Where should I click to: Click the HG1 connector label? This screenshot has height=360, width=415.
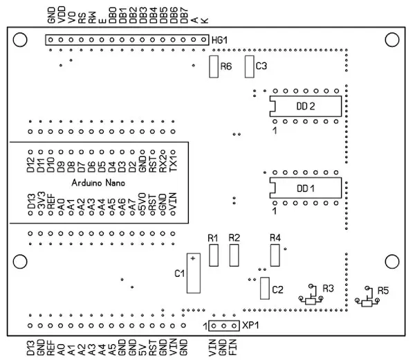point(219,40)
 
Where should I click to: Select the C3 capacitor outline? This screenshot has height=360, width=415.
point(249,66)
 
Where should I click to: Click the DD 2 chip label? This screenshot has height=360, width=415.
point(306,106)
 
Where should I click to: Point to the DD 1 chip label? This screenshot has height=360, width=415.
point(306,188)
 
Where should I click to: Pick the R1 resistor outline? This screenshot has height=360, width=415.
point(214,255)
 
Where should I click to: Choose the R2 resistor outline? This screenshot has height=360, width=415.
point(234,255)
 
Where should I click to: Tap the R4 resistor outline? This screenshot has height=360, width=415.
point(275,255)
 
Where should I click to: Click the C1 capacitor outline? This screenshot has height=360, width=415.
point(193,273)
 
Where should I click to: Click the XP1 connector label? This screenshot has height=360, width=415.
point(250,325)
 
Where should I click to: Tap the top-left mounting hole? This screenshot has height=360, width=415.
point(20,41)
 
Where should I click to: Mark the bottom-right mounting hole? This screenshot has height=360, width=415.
point(394,261)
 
